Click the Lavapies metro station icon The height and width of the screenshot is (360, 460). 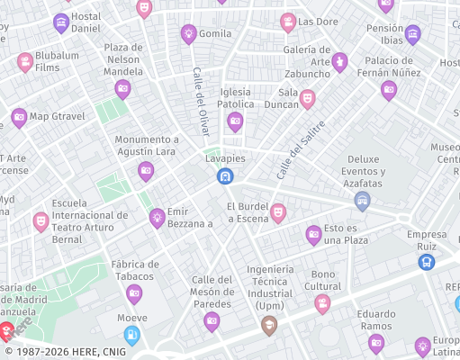(x=224, y=175)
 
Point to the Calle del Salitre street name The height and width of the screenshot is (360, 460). (x=300, y=149)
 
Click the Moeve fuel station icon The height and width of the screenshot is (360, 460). (x=132, y=336)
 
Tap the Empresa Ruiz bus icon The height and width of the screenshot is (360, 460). (x=427, y=261)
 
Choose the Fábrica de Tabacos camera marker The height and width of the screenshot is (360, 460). (x=135, y=293)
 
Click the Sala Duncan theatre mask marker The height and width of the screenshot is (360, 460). (x=307, y=98)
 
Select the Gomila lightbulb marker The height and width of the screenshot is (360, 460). (x=189, y=34)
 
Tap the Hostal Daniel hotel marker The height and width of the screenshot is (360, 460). (x=61, y=23)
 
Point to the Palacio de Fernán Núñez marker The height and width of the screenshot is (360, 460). (x=389, y=89)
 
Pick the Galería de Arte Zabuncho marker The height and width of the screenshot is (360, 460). (x=339, y=61)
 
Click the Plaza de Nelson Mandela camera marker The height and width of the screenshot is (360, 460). (x=123, y=88)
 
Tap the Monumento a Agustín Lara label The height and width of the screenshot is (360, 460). (x=147, y=146)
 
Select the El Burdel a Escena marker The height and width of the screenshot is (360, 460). (x=278, y=212)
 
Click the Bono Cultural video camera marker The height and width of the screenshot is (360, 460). (x=322, y=303)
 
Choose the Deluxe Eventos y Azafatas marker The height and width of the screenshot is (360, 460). (x=363, y=200)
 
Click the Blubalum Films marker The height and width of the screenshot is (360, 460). (x=25, y=61)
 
